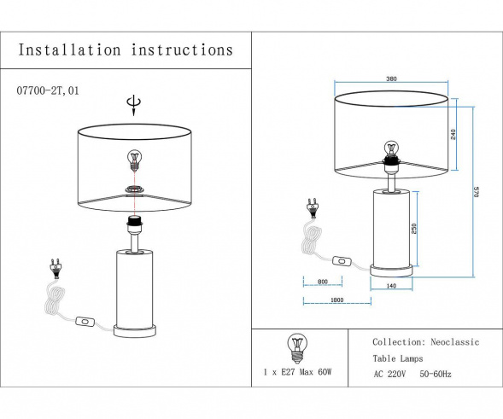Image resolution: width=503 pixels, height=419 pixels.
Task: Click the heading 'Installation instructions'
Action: coord(126,50)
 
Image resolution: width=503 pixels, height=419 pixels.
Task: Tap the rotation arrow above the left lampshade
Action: coord(132,105)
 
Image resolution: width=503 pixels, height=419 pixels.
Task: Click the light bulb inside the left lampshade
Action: coord(133,160)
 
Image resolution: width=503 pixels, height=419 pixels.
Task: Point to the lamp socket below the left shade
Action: coord(133,224)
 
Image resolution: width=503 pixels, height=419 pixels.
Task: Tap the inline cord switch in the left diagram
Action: coord(86,323)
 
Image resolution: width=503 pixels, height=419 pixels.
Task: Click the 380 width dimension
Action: coord(391,79)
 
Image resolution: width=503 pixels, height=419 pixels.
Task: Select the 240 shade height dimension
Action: coord(453,134)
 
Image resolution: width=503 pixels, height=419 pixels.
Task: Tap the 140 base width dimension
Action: coord(392,286)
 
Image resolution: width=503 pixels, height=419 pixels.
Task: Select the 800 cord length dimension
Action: coord(323,282)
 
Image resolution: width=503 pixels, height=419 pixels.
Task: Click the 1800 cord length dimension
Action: coord(336,300)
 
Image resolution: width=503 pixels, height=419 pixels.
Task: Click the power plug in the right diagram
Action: coord(313,207)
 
